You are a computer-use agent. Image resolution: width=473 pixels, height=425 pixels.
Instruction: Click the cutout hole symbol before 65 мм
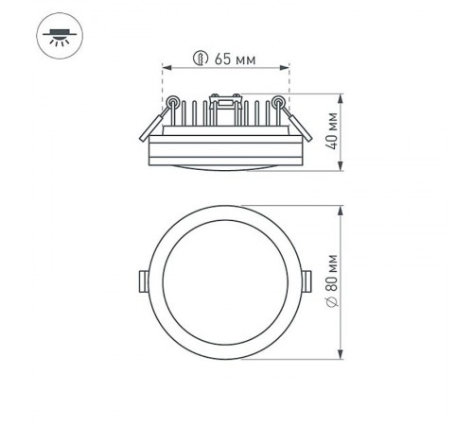[200, 59]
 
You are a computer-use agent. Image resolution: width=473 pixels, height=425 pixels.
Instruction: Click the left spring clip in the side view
[153, 119]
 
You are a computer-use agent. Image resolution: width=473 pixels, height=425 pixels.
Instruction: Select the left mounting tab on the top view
[141, 280]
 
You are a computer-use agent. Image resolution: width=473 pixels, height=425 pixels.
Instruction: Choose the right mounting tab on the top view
[310, 280]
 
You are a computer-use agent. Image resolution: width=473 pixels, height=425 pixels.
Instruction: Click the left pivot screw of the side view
[173, 101]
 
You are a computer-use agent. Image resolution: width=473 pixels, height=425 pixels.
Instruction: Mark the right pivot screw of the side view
[279, 101]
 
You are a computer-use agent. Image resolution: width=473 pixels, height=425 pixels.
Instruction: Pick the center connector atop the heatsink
[226, 99]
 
